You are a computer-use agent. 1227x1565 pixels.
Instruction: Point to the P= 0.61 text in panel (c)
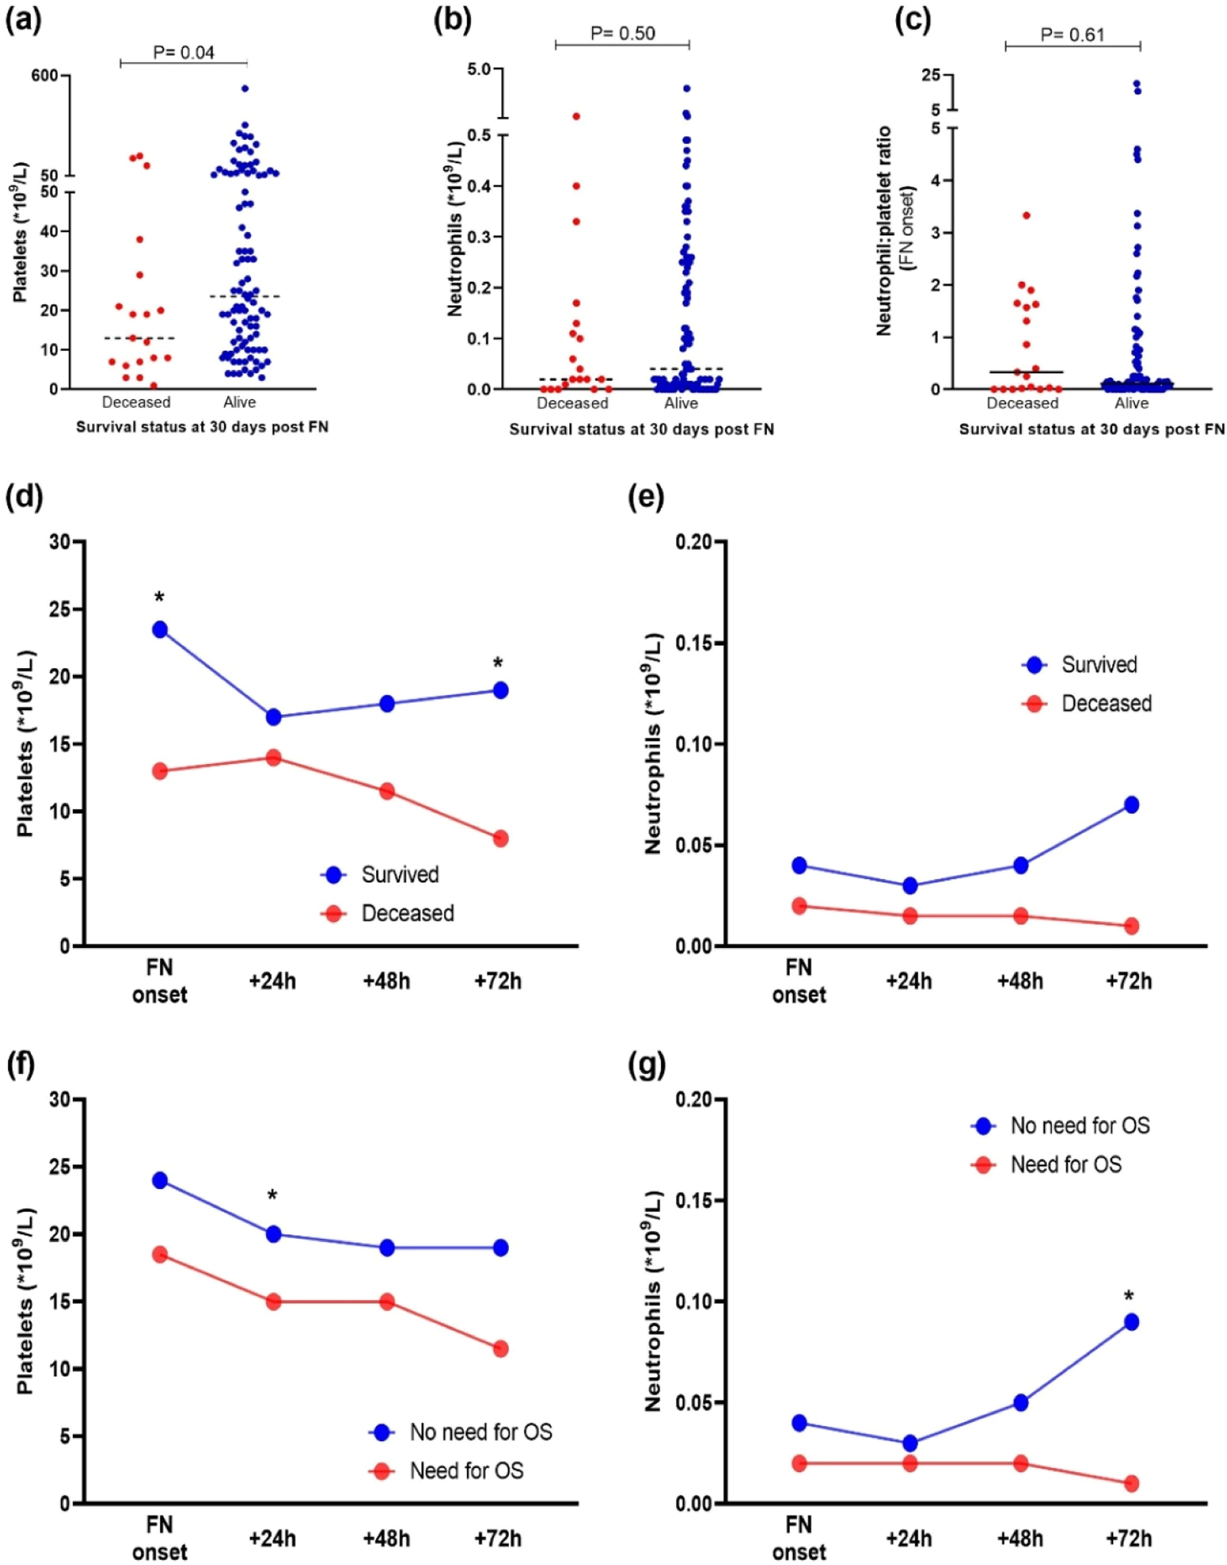(1072, 35)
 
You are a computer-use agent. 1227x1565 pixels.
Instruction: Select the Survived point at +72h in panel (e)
(1131, 805)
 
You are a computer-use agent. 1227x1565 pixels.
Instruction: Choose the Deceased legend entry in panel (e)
(1086, 703)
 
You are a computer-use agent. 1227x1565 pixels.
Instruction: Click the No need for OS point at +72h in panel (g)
(1131, 1321)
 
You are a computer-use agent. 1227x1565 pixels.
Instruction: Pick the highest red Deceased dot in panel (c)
(1027, 215)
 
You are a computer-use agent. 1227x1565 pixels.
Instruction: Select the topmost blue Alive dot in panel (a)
(245, 88)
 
